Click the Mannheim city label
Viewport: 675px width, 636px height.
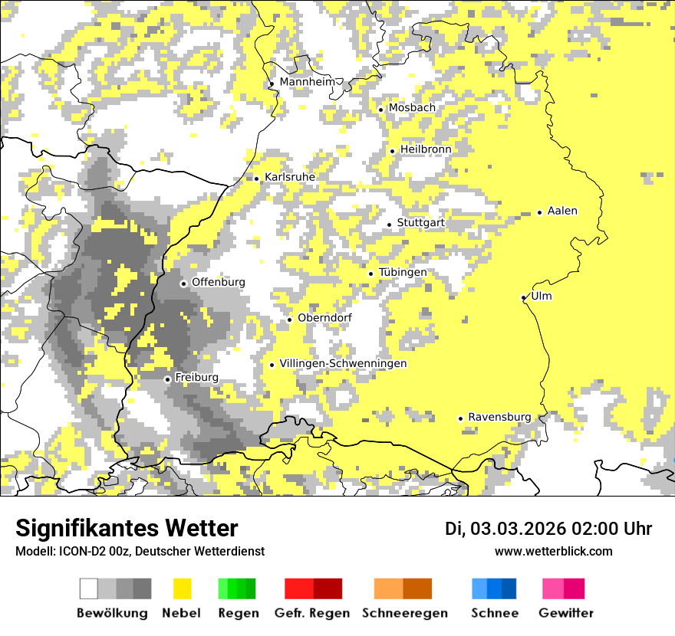309,82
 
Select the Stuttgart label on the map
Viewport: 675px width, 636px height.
420,223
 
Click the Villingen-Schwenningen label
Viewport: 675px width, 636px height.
343,364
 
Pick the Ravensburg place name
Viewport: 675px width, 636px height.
499,418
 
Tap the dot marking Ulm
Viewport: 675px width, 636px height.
524,297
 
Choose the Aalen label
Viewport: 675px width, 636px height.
562,211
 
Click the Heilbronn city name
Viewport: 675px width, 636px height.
426,149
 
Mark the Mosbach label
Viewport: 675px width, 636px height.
412,108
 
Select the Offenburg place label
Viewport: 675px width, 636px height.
219,282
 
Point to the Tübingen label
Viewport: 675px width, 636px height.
403,273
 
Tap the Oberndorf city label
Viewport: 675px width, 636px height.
324,319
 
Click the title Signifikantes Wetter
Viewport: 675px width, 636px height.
127,529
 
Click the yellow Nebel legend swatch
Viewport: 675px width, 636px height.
183,588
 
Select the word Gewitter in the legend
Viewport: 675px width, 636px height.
566,613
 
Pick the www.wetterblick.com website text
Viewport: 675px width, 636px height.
553,552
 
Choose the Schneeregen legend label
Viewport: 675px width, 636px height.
404,613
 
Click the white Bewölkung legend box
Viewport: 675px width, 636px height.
89,588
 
